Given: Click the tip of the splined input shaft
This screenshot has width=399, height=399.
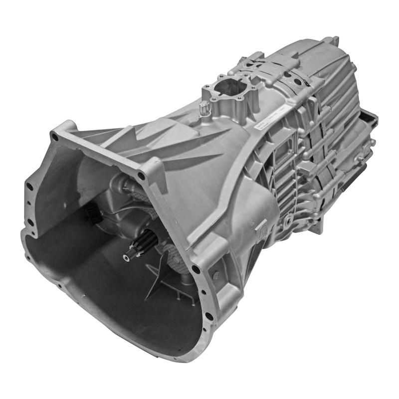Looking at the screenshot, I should [128, 255].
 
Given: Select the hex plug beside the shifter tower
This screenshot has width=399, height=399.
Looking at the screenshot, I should [204, 106].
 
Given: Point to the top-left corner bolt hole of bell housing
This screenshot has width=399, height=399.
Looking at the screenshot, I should [54, 136].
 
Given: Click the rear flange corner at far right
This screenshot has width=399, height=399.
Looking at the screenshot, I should [372, 120].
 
